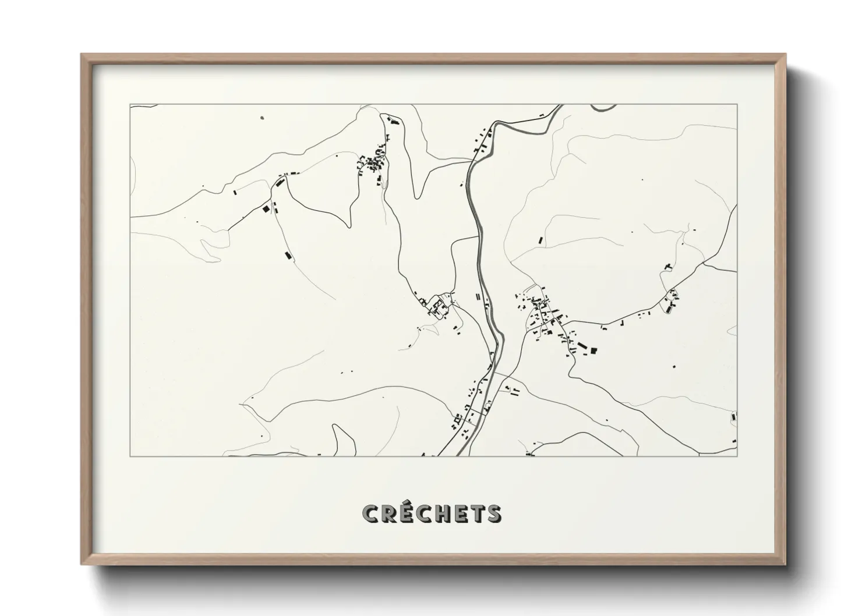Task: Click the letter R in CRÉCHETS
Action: (x=389, y=514)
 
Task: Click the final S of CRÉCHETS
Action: (x=493, y=514)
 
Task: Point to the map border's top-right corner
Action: (x=737, y=105)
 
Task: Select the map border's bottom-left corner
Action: (x=130, y=456)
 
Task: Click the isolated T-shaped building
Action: (x=668, y=267)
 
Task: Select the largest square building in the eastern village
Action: (x=594, y=351)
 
